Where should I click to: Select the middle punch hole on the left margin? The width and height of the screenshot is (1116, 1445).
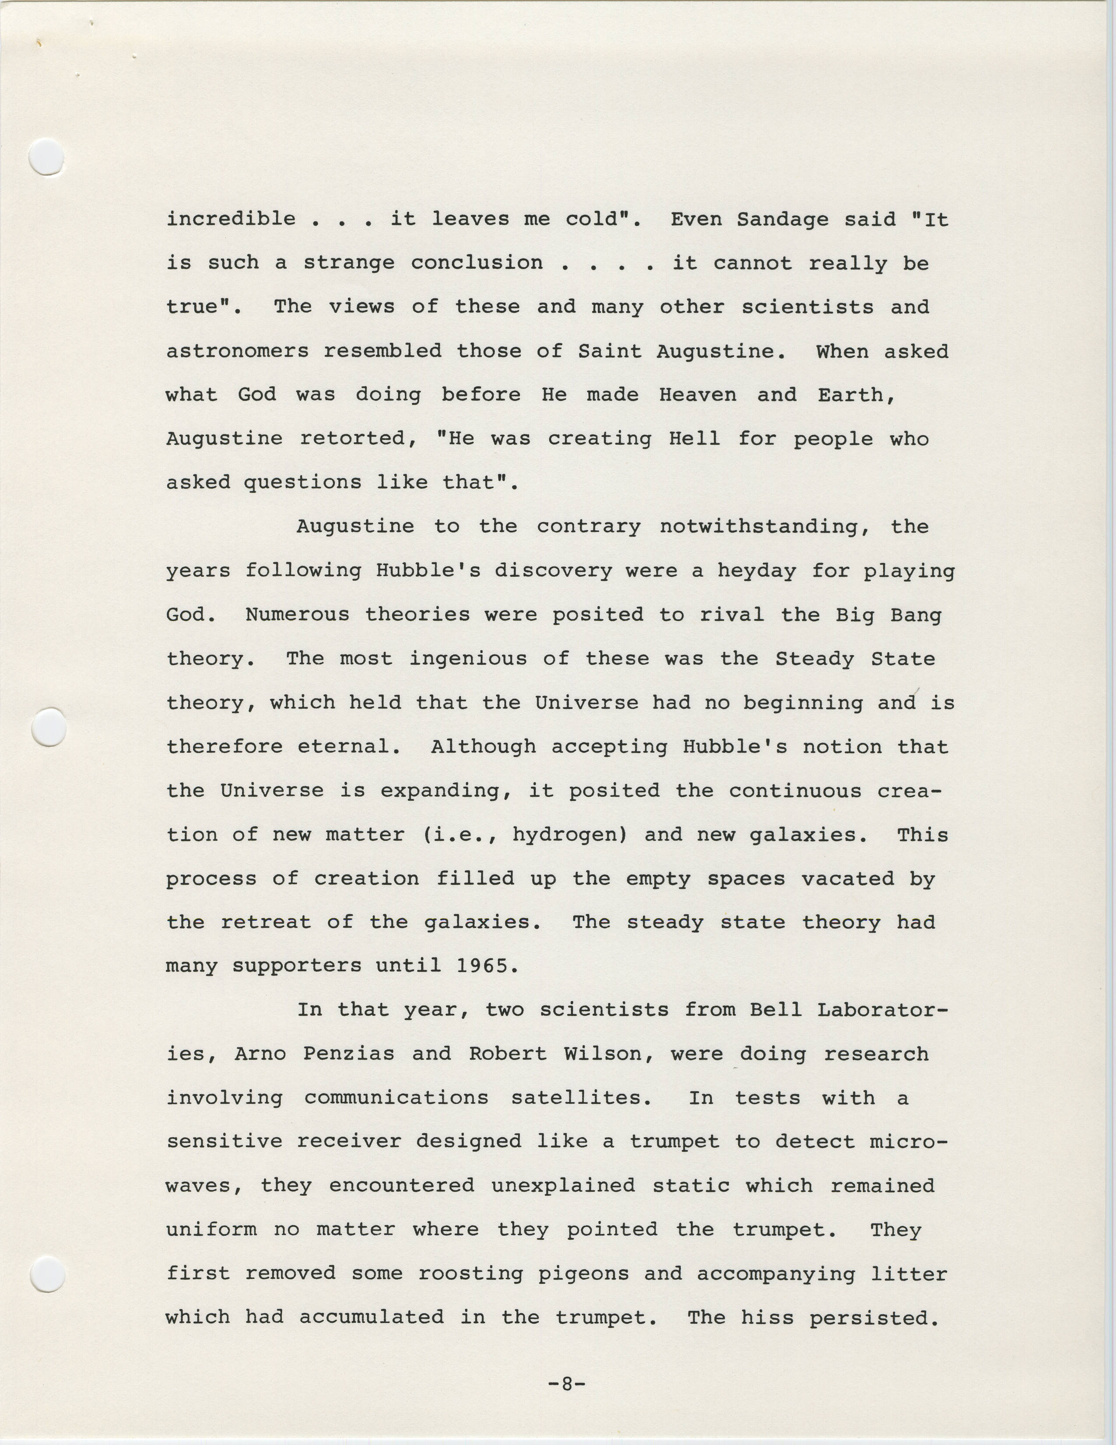[x=49, y=727]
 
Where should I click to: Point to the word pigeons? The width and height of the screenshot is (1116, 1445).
[x=583, y=1273]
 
